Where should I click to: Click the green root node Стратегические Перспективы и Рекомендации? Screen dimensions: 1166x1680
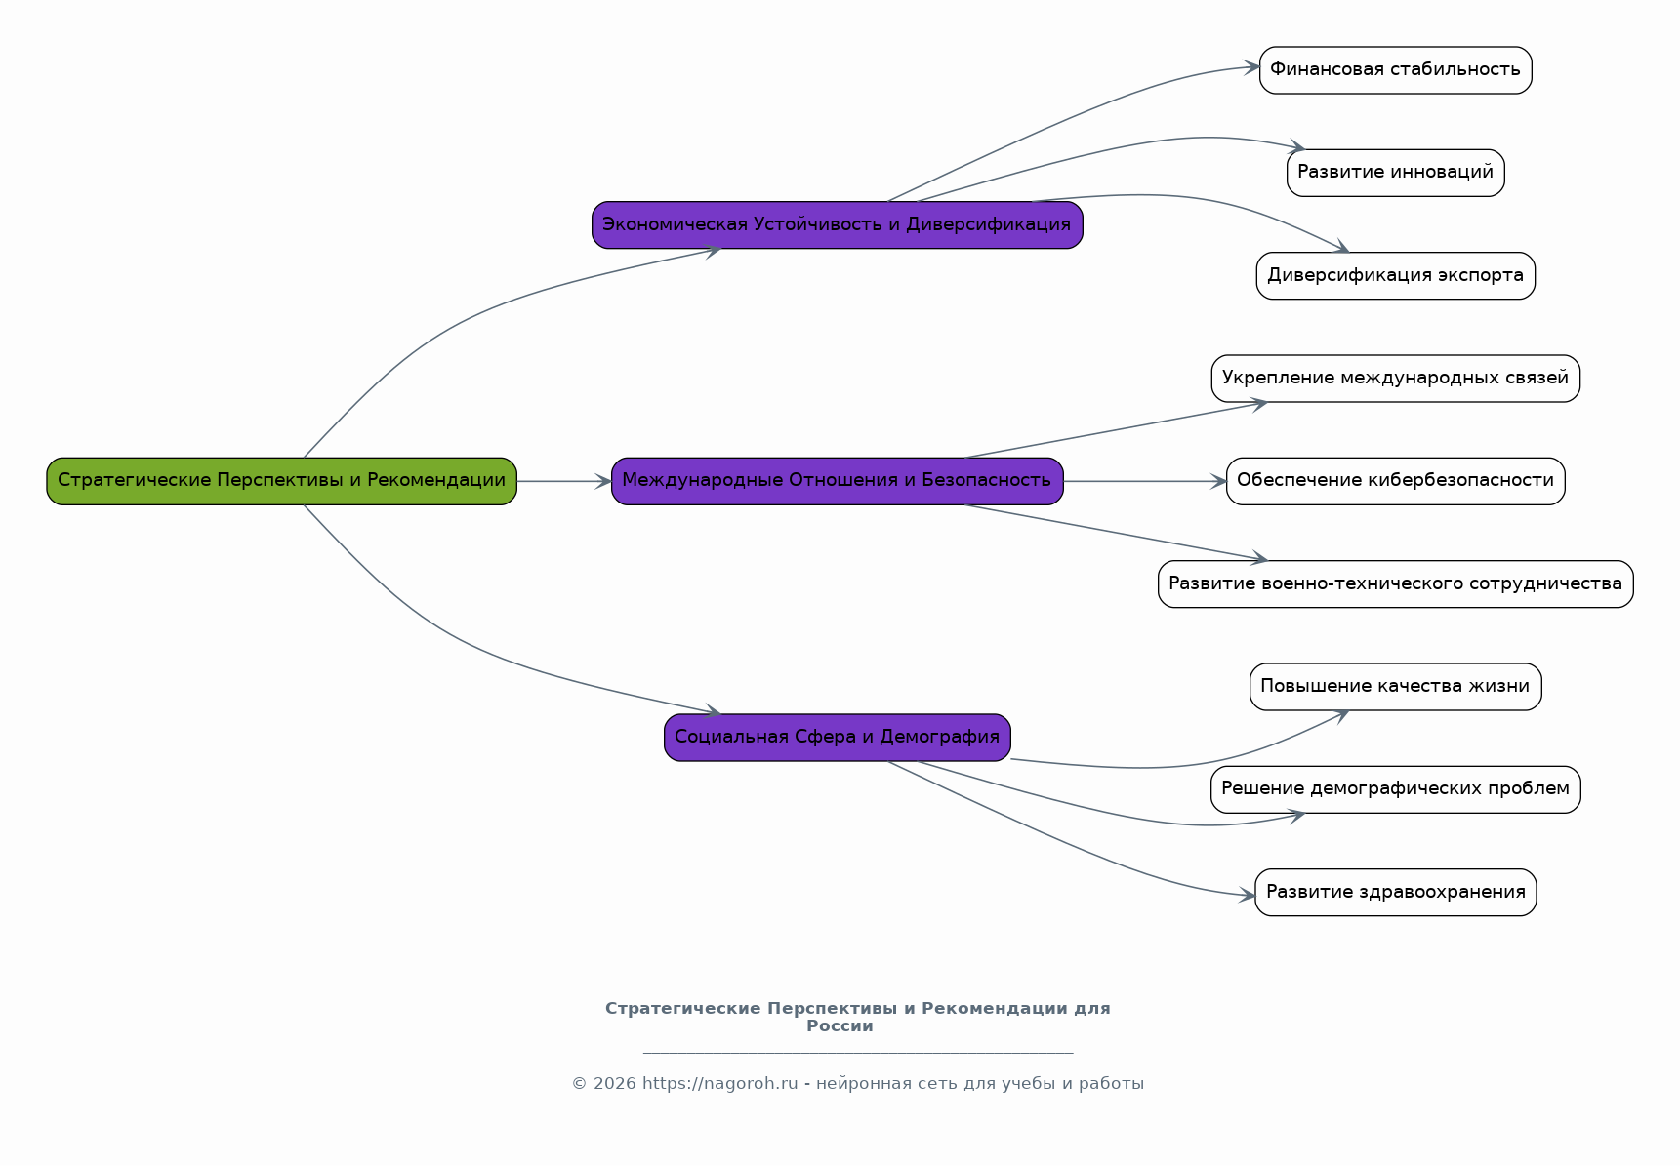pyautogui.click(x=281, y=481)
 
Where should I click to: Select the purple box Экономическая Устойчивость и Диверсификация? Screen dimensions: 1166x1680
pyautogui.click(x=837, y=225)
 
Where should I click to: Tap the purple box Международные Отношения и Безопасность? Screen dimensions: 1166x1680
pyautogui.click(x=837, y=481)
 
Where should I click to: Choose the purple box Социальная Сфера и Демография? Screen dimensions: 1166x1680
pyautogui.click(x=837, y=738)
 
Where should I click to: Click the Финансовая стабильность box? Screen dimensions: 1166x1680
pyautogui.click(x=1395, y=70)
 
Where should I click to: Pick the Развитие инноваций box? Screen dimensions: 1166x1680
pyautogui.click(x=1395, y=173)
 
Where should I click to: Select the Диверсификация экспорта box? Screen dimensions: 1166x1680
pyautogui.click(x=1395, y=276)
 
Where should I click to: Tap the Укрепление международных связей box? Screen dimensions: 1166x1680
pyautogui.click(x=1395, y=379)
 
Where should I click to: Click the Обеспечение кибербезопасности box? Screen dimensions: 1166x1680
pyautogui.click(x=1395, y=481)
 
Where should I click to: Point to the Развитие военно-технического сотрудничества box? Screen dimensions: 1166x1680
pyautogui.click(x=1395, y=584)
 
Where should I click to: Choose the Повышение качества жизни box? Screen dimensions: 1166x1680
pyautogui.click(x=1395, y=687)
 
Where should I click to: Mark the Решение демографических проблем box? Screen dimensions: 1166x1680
pyautogui.click(x=1395, y=789)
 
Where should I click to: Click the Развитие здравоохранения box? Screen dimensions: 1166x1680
pyautogui.click(x=1395, y=893)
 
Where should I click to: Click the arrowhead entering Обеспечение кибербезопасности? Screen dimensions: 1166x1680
pyautogui.click(x=1219, y=481)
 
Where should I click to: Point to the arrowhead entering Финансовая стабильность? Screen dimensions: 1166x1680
pyautogui.click(x=1251, y=67)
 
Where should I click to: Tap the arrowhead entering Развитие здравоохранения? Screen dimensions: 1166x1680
pyautogui.click(x=1248, y=895)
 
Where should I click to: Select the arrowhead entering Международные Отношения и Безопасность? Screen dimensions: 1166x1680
pyautogui.click(x=604, y=481)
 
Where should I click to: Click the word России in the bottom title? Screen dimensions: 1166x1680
pyautogui.click(x=840, y=1026)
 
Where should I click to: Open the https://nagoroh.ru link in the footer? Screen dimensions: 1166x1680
pyautogui.click(x=719, y=1084)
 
